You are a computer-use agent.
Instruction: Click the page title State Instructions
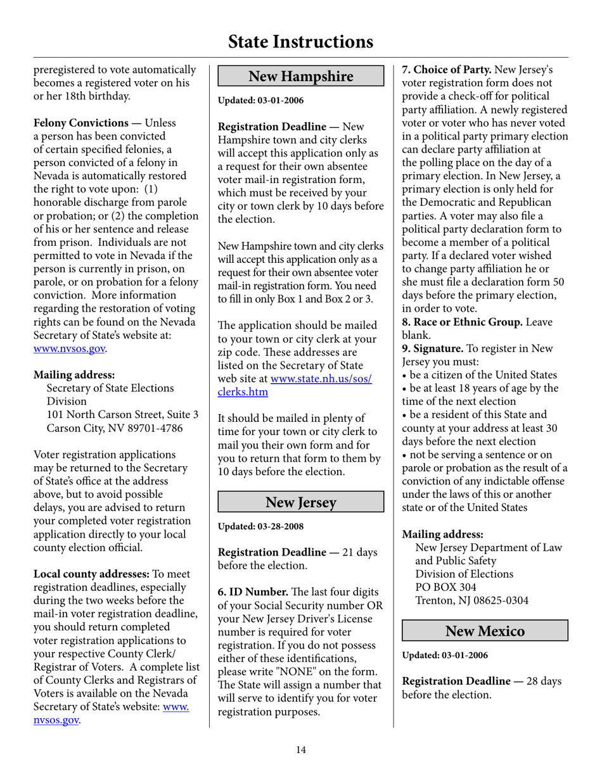coord(300,42)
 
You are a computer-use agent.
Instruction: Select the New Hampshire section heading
coord(301,77)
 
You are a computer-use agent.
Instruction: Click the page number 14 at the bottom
coord(301,750)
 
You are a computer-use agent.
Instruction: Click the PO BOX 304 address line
coord(447,587)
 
